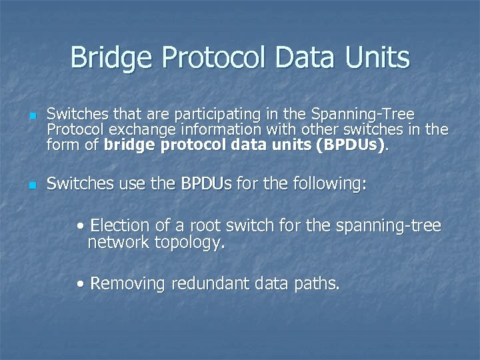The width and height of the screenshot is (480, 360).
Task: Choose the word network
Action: pos(118,243)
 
